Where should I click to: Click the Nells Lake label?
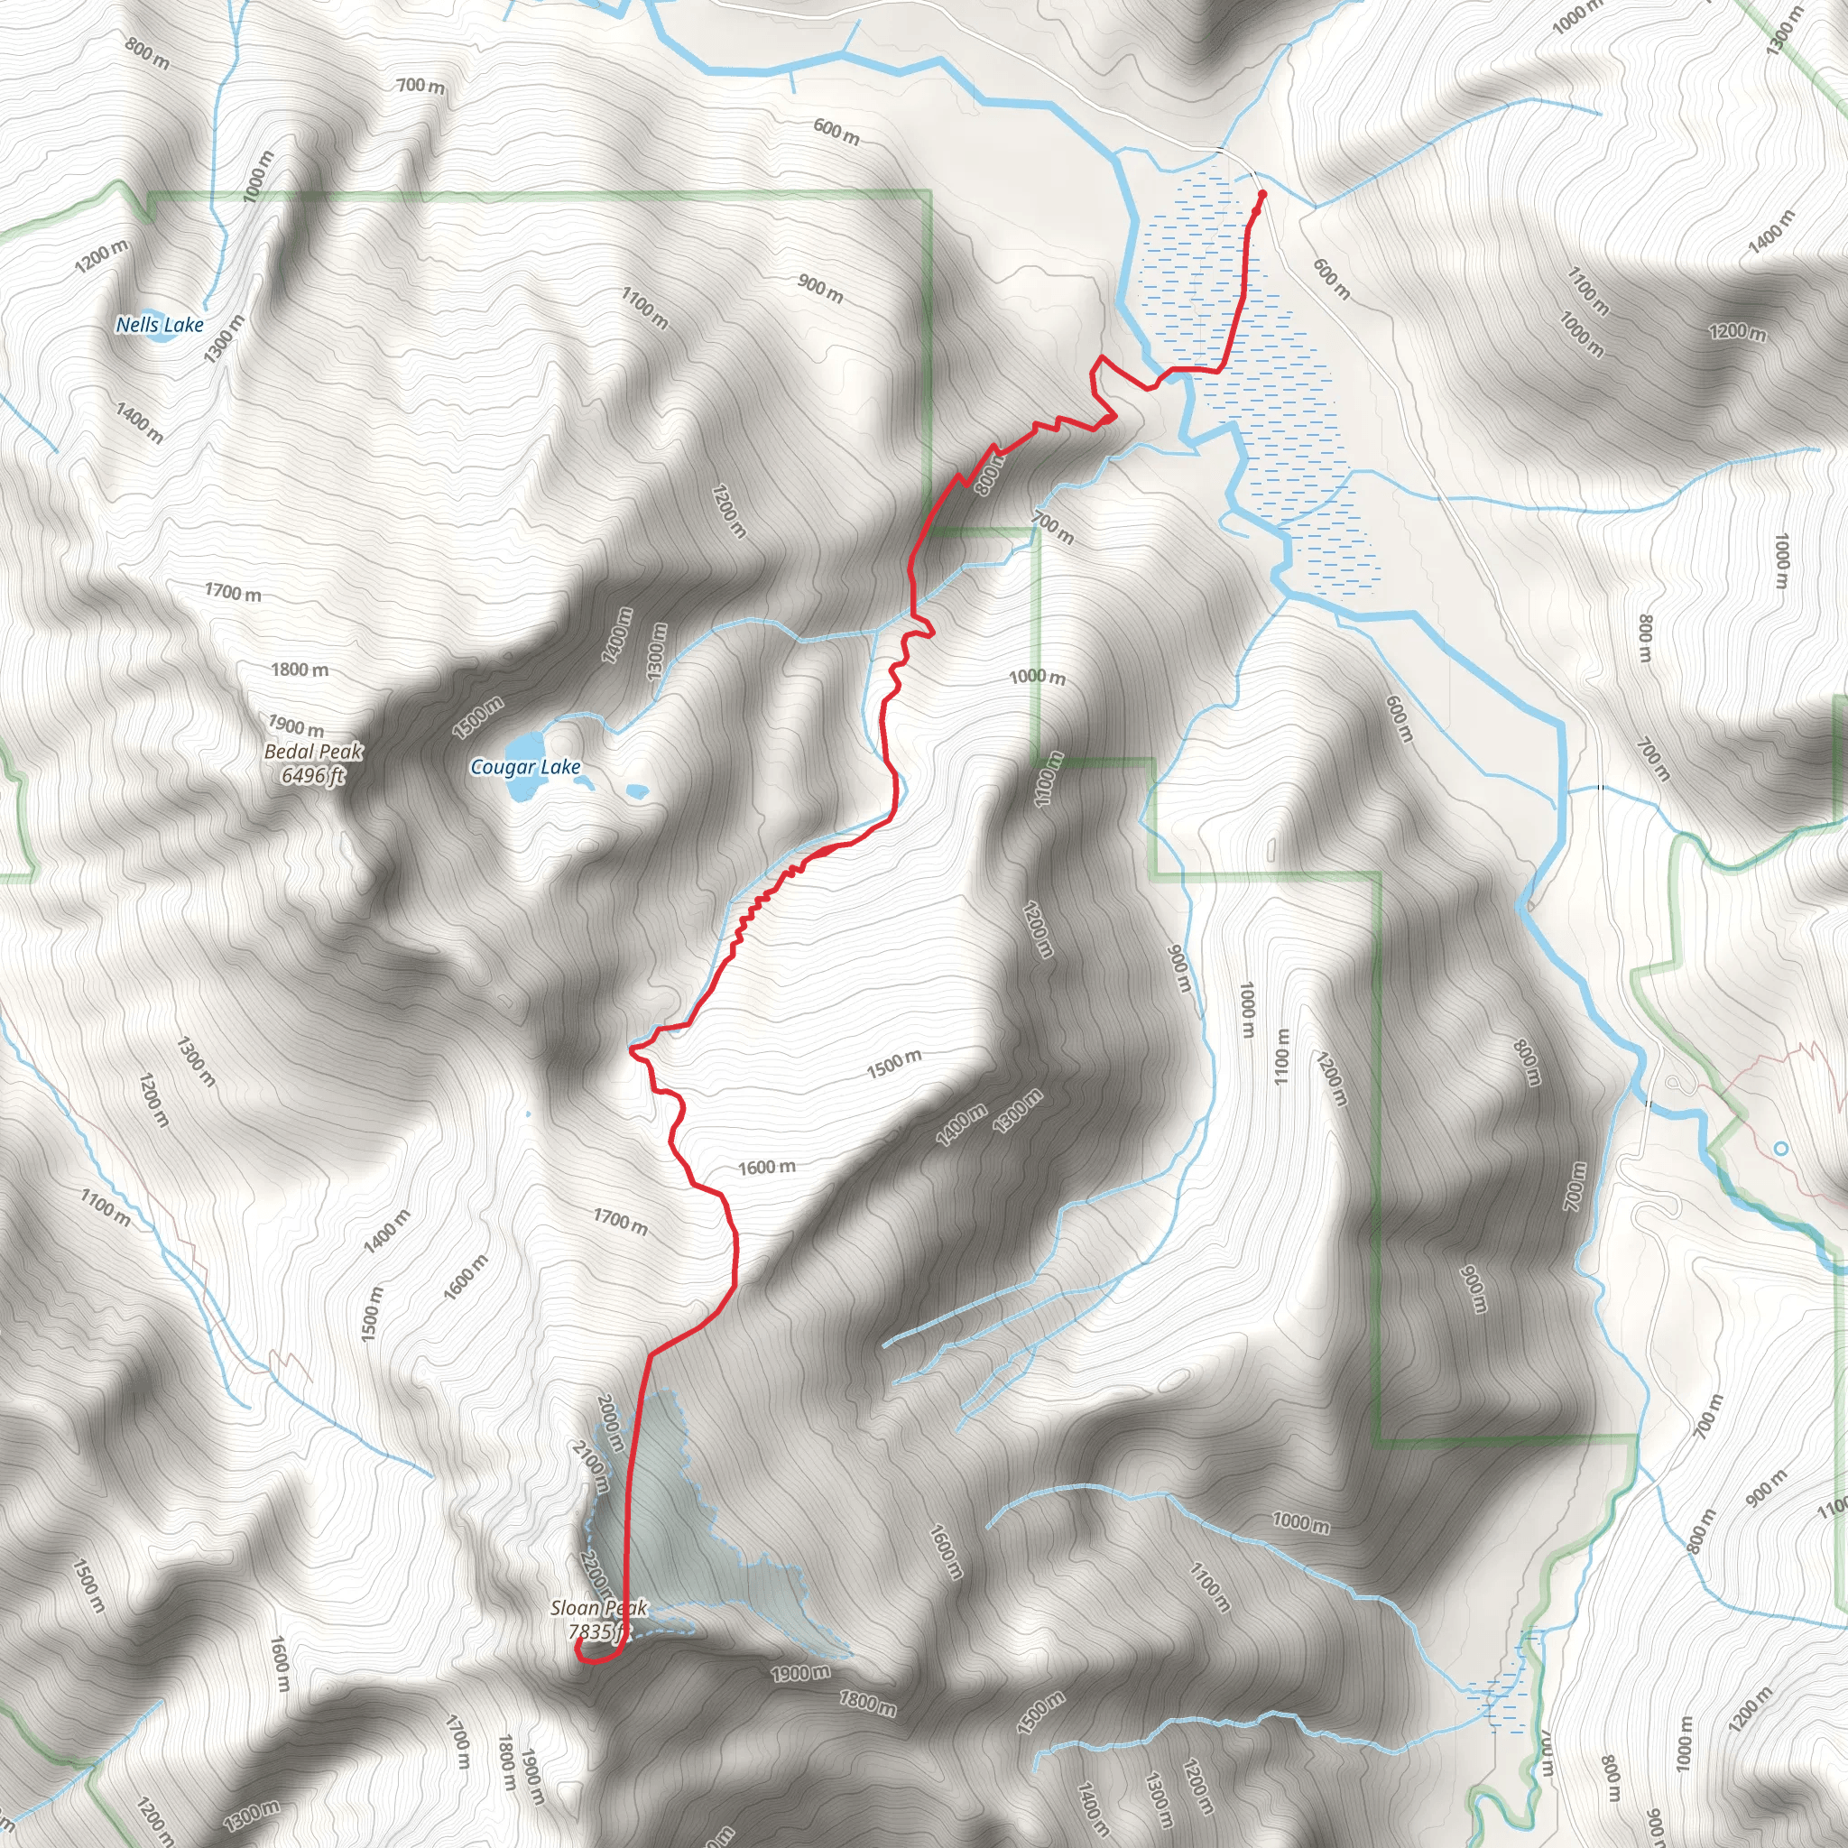point(160,325)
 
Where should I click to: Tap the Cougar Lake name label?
point(525,767)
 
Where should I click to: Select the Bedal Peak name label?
point(314,752)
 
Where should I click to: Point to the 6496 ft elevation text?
point(312,775)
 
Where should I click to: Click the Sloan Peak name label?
point(599,1608)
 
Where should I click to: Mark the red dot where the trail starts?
point(1262,194)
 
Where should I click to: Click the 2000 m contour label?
point(610,1422)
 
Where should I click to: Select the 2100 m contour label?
point(590,1467)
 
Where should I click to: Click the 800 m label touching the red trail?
point(989,475)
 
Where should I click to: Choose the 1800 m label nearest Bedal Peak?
point(300,670)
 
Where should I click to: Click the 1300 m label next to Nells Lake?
point(224,338)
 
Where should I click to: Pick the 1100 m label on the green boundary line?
point(1049,779)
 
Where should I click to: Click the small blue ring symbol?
point(1780,1148)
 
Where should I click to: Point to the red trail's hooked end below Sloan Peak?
point(579,1647)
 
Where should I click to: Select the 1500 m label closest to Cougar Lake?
point(477,718)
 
